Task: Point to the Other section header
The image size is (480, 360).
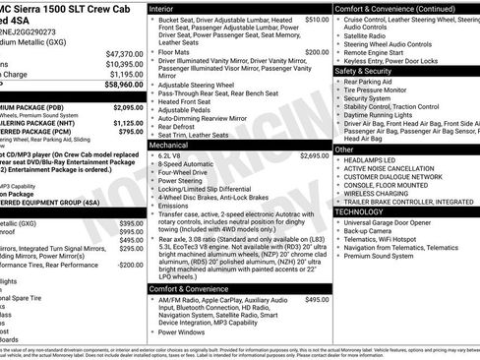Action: tap(344, 150)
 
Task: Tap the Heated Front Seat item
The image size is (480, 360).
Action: tap(190, 101)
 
